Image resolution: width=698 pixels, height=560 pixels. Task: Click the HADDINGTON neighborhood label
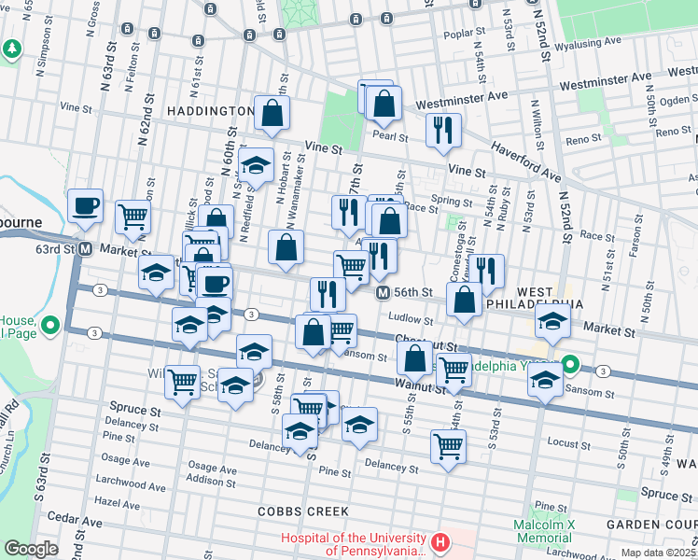210,111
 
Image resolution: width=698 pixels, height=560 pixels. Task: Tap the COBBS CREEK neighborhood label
303,511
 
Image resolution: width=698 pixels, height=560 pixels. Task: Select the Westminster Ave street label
461,95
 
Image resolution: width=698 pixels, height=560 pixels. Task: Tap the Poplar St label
487,34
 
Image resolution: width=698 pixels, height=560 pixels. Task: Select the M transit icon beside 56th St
383,293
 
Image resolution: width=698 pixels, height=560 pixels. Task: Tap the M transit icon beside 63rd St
85,249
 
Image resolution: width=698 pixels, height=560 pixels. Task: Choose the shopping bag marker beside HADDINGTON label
272,115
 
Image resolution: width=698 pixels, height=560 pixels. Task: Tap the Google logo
31,549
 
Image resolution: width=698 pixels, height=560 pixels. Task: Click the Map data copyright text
657,553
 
